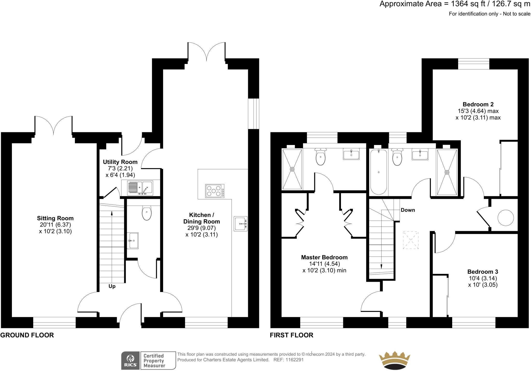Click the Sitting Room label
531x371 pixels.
(x=55, y=218)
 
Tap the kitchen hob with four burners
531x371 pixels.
(x=214, y=191)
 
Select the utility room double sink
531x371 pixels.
(x=140, y=188)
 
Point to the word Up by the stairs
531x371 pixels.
(x=112, y=286)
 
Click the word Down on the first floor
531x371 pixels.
(x=408, y=210)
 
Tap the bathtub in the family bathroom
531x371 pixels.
(x=379, y=172)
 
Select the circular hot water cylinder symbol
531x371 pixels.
(x=505, y=218)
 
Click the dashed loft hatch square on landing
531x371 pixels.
(x=411, y=240)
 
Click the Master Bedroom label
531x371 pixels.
(x=324, y=257)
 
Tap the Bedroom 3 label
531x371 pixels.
(x=483, y=272)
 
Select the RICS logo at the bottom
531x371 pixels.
(x=130, y=361)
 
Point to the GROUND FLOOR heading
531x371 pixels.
(x=27, y=335)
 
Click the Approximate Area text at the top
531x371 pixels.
(x=455, y=4)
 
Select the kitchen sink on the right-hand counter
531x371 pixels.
(x=240, y=223)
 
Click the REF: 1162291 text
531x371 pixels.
(x=288, y=360)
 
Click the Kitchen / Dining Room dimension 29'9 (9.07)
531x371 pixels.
(x=201, y=228)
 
